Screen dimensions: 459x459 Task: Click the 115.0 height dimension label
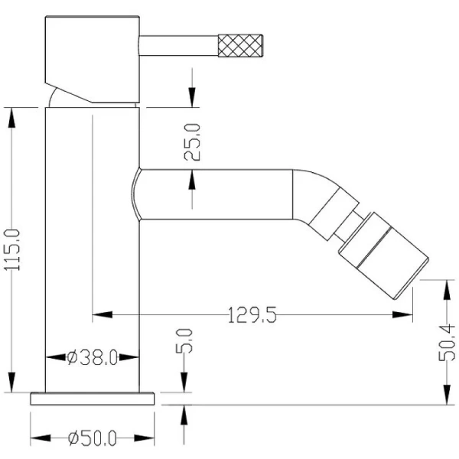point(12,249)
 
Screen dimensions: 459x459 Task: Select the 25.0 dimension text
point(192,142)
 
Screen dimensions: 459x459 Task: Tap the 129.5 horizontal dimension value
point(252,315)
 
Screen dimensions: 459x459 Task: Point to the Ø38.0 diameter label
point(93,357)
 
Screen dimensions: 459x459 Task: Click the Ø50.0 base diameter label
point(93,438)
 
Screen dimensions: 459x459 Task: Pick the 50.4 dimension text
point(447,343)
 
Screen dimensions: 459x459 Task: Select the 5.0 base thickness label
point(184,341)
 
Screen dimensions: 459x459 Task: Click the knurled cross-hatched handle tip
point(240,45)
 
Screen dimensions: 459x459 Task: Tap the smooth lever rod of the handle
point(178,45)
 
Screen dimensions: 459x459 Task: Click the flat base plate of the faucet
point(93,399)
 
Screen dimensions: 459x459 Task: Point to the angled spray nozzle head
point(384,256)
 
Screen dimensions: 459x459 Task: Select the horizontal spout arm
point(216,194)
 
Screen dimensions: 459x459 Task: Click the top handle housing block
point(93,60)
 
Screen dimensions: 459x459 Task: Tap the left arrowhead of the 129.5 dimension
point(103,315)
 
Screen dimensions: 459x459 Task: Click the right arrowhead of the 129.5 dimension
point(402,315)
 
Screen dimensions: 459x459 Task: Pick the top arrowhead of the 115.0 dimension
point(11,118)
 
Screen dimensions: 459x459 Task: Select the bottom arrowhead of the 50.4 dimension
point(447,395)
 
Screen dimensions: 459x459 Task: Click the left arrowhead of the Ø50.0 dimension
point(41,438)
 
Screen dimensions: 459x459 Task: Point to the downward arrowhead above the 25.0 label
point(192,97)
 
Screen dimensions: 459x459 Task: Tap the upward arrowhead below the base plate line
point(184,415)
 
